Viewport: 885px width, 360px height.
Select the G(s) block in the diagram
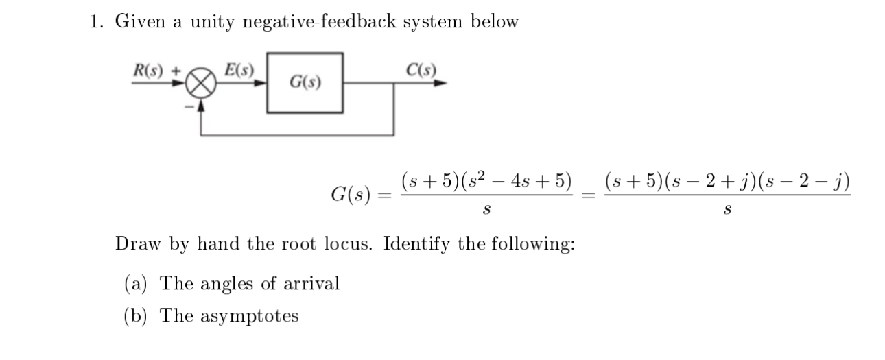point(305,83)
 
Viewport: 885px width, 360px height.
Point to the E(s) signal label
point(239,69)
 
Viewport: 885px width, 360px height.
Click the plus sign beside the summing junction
point(175,70)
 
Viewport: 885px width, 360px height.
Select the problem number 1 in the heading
point(95,22)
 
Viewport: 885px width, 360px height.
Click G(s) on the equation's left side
point(351,194)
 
